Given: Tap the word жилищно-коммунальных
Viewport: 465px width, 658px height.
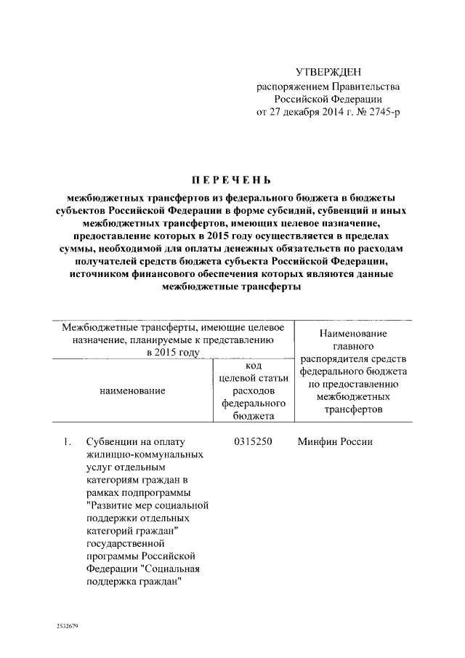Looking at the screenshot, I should point(134,454).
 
